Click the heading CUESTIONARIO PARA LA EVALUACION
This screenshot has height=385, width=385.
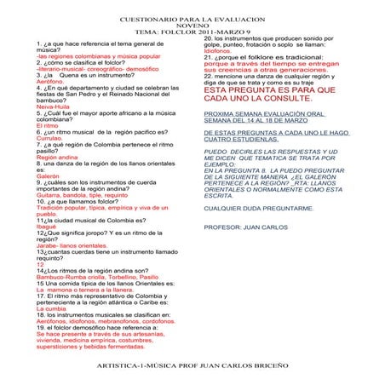coord(192,17)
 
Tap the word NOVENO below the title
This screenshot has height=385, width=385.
coord(192,25)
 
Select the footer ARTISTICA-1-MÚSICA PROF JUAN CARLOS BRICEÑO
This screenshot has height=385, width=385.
coord(192,364)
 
